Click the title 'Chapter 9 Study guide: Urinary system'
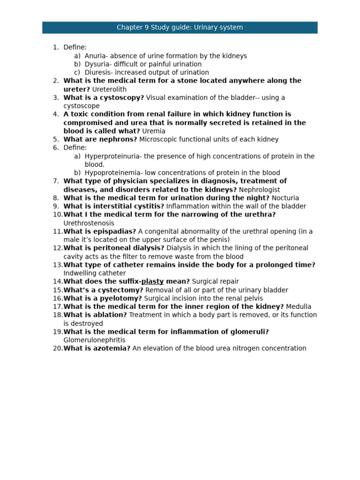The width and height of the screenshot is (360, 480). click(180, 28)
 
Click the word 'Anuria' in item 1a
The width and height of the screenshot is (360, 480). click(95, 56)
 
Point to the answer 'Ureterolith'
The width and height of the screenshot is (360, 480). click(109, 89)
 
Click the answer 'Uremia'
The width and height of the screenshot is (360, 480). click(154, 131)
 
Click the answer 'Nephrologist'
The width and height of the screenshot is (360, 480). click(259, 190)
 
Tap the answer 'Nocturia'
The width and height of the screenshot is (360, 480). click(285, 198)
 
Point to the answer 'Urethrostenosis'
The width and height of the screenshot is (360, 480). click(89, 223)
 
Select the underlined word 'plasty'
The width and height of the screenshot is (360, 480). click(152, 281)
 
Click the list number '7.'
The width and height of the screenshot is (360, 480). click(56, 181)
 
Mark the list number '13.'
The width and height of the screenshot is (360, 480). click(58, 265)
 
